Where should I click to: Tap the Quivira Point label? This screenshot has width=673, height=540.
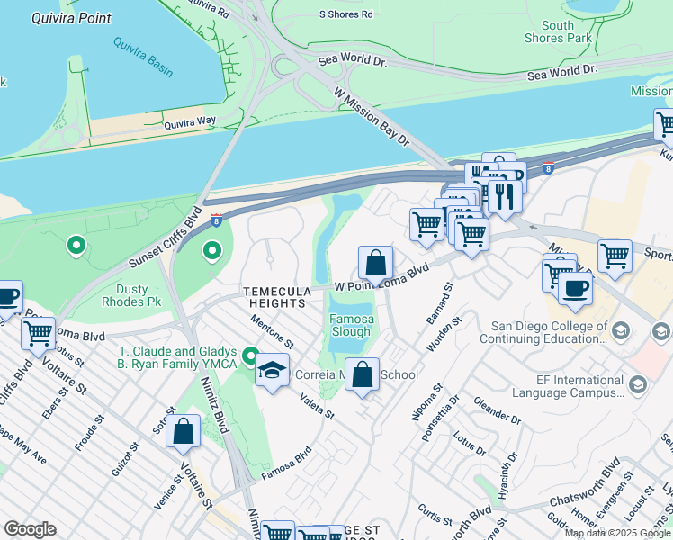click(71, 18)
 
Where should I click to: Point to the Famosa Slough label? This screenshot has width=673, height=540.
click(351, 325)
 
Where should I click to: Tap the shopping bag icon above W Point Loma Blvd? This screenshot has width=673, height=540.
click(375, 263)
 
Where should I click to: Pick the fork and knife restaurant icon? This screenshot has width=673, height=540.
click(503, 195)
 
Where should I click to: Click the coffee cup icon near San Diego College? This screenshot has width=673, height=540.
click(575, 288)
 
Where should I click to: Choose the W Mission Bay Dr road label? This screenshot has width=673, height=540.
click(372, 118)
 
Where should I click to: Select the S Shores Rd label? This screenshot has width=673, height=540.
click(346, 14)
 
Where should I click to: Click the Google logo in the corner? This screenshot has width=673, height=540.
click(30, 529)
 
